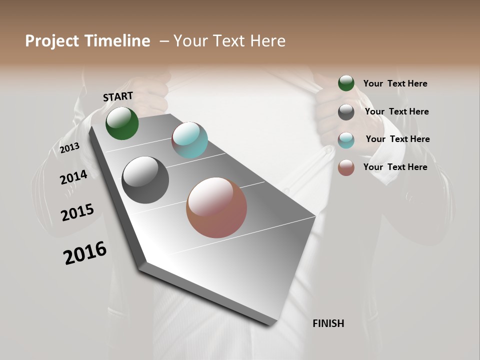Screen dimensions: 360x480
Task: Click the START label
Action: tap(118, 96)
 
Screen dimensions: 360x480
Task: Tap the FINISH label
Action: tap(328, 323)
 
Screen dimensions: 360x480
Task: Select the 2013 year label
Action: tap(69, 148)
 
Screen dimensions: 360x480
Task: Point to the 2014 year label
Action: tap(73, 177)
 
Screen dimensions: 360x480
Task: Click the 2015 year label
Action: tap(77, 212)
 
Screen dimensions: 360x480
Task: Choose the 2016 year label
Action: tap(85, 253)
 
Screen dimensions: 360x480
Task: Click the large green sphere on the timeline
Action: tap(122, 123)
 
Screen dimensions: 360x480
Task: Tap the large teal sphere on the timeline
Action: tap(189, 140)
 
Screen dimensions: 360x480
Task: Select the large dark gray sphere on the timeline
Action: tap(145, 180)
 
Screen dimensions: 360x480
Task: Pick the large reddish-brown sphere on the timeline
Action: tap(216, 207)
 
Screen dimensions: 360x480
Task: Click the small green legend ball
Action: tap(346, 83)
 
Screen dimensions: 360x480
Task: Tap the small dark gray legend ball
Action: tap(346, 112)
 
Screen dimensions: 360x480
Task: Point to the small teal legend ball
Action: tap(346, 140)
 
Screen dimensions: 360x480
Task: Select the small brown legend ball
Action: tap(346, 167)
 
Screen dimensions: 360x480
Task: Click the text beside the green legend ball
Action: tap(395, 83)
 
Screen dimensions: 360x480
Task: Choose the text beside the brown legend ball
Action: tap(395, 167)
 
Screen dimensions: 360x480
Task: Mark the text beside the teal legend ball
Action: tap(397, 139)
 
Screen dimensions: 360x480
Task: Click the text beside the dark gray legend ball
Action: tap(396, 111)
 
